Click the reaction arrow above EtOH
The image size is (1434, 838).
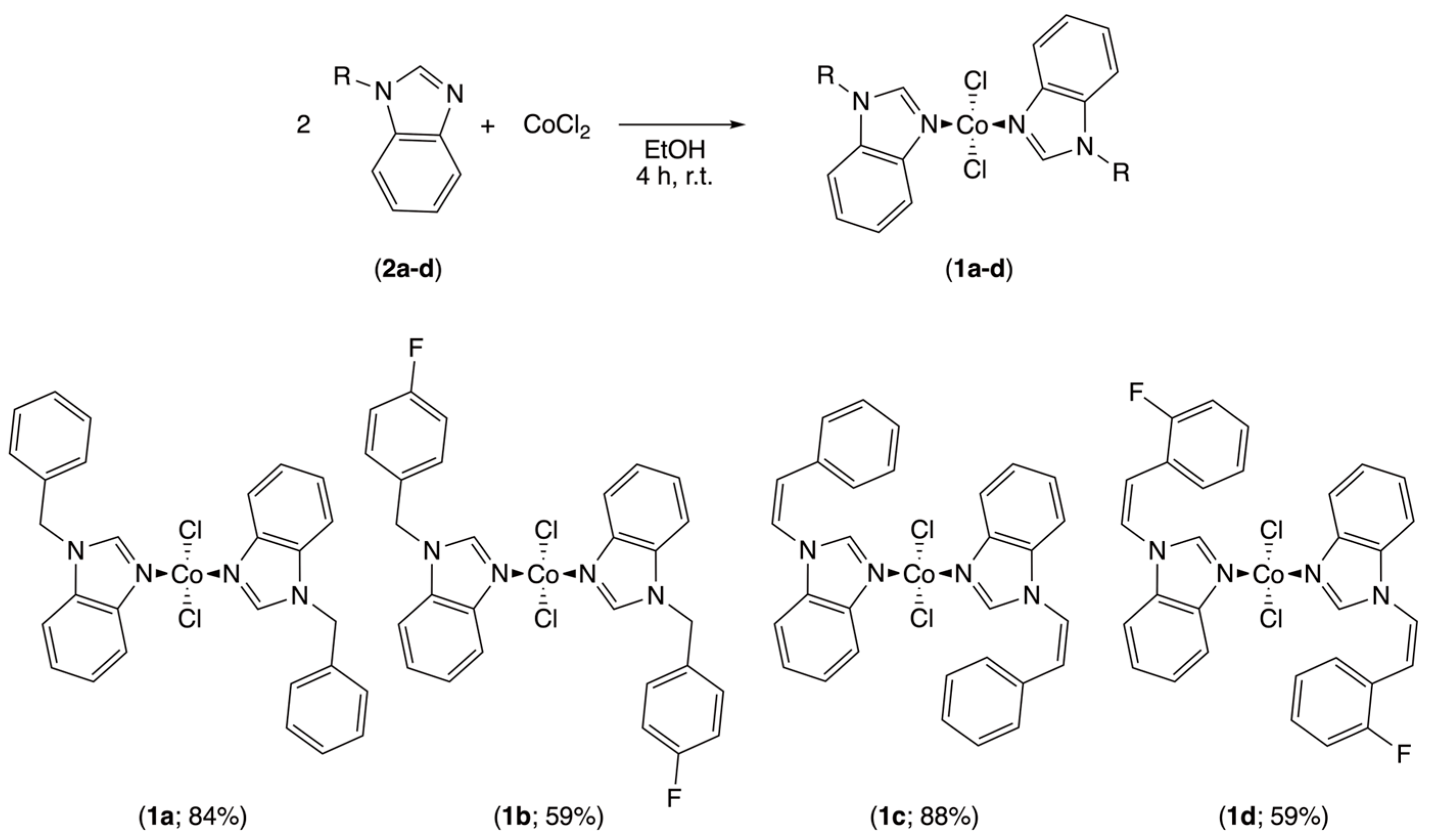[680, 125]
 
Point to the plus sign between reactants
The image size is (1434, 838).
[487, 126]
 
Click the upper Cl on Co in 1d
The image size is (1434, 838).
[1271, 531]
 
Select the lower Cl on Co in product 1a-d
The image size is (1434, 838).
[976, 170]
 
